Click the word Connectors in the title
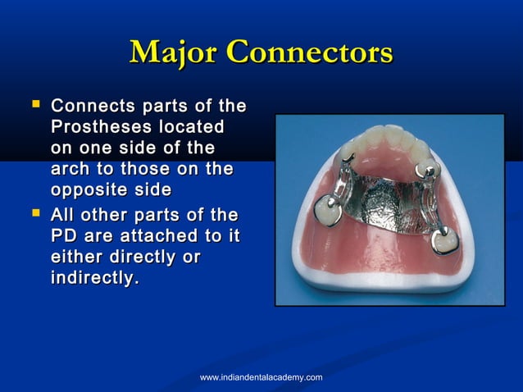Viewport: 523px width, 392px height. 310,53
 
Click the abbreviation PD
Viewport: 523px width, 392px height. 63,236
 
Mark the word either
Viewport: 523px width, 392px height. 77,258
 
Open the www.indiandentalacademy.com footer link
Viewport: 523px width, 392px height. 261,376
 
